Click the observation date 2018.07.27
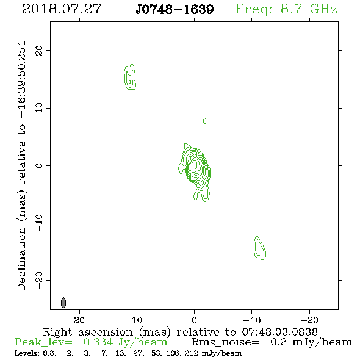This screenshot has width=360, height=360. point(62,9)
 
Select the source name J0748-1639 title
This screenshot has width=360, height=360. point(175,9)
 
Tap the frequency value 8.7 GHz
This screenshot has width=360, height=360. point(309,9)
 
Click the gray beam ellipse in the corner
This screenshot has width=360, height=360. point(63,303)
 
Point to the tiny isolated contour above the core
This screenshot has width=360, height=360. point(204,121)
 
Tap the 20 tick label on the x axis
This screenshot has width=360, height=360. point(79,320)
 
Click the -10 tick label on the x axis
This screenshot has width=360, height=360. point(252,320)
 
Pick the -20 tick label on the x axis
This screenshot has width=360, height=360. point(309,320)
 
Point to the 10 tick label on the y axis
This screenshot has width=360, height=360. point(39,108)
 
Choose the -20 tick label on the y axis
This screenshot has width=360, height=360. point(39,281)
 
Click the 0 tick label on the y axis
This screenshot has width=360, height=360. point(39,165)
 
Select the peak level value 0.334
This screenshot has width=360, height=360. point(98,342)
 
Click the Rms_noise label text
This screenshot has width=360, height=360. point(225,342)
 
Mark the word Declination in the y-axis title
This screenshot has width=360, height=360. point(21,259)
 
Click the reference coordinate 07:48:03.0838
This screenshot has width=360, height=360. point(280,332)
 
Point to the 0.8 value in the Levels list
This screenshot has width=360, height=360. point(49,353)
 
